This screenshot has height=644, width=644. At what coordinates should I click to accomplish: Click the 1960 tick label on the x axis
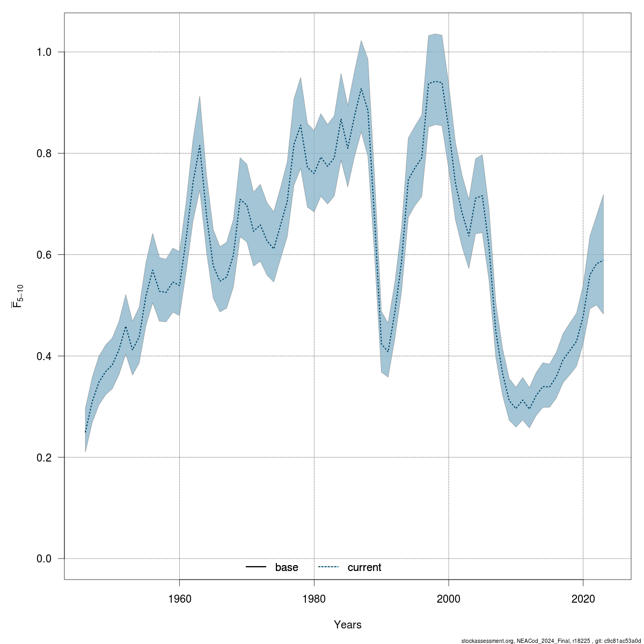(179, 598)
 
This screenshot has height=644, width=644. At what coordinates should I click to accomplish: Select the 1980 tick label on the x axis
(314, 598)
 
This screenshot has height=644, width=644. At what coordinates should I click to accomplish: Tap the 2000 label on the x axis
(449, 598)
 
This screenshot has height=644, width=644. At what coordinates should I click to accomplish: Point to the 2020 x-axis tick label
(583, 598)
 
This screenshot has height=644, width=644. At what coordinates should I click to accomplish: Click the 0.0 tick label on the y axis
(43, 559)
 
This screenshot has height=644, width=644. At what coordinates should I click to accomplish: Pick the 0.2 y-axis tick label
(43, 457)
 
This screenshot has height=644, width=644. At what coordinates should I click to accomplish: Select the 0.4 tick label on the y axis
(43, 356)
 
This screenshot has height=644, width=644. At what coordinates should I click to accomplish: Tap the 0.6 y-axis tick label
(43, 254)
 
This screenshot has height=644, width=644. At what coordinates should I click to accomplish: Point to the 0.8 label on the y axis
(43, 153)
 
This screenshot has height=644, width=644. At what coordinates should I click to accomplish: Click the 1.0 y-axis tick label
(43, 52)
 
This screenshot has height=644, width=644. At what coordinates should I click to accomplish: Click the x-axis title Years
(348, 625)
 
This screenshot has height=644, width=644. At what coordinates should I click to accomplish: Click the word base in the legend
(287, 567)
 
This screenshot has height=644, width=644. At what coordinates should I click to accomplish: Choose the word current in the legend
(364, 567)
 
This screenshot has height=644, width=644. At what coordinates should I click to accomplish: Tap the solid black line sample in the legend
(257, 567)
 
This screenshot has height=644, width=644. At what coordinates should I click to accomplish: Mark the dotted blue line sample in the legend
(329, 567)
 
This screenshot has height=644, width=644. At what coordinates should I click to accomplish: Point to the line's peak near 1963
(200, 145)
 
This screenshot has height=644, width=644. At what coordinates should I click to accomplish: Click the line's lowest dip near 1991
(388, 352)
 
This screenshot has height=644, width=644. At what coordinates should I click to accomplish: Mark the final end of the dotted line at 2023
(604, 261)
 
